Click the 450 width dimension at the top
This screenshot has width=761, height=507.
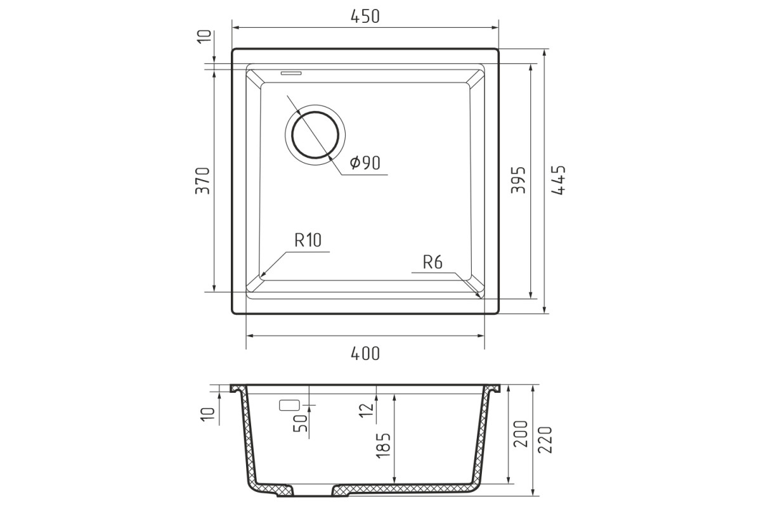coord(365,16)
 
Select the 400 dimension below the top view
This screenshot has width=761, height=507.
coord(365,354)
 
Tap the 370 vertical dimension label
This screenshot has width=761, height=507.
coord(203,181)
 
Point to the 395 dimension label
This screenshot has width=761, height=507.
coord(519,179)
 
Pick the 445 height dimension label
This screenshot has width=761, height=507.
coord(558,180)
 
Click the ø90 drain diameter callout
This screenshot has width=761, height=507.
coord(365,163)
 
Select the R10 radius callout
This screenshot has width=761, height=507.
coord(308,240)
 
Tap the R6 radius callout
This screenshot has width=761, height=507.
coord(433,262)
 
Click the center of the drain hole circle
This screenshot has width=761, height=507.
coord(315,135)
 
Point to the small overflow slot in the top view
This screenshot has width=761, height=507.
coord(291,73)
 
